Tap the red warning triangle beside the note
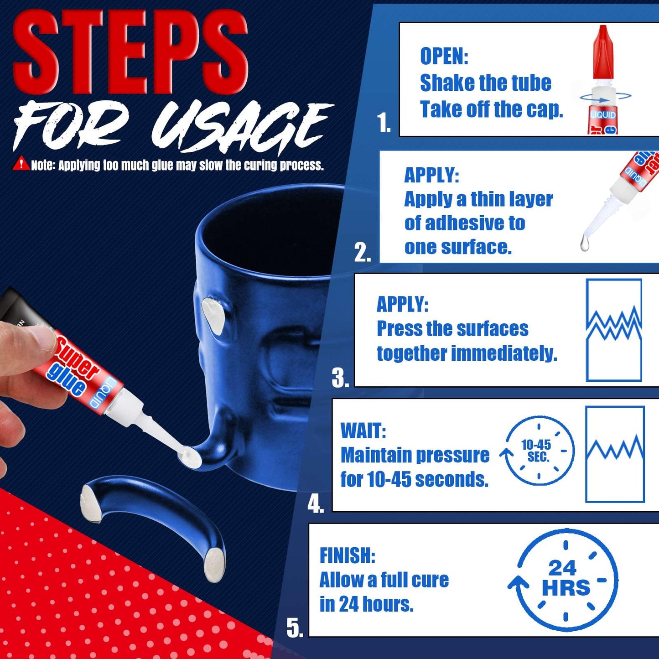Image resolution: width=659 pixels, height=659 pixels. click(21, 164)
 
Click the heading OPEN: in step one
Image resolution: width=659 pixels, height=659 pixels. click(444, 57)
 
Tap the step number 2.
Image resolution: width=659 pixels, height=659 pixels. click(362, 252)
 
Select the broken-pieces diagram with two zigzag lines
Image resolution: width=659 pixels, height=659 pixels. click(614, 330)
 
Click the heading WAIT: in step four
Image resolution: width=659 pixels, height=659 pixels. click(363, 431)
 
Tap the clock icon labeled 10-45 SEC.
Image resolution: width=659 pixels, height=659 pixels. click(538, 451)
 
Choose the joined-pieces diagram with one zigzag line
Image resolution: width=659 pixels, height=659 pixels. click(615, 454)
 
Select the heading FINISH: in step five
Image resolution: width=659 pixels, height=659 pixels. click(347, 555)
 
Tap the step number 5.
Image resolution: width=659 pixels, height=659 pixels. click(295, 628)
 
